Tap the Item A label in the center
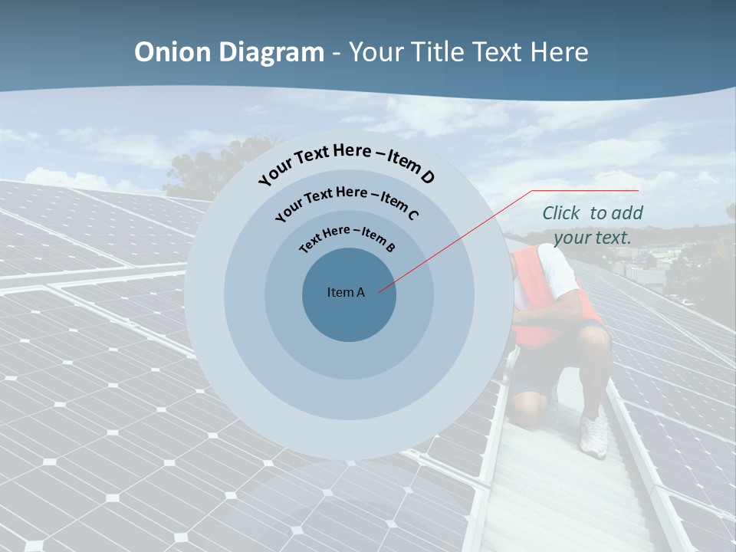point(346,292)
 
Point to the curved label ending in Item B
point(347,236)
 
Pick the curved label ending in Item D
point(346,159)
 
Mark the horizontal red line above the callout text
point(586,190)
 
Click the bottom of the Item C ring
point(349,399)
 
